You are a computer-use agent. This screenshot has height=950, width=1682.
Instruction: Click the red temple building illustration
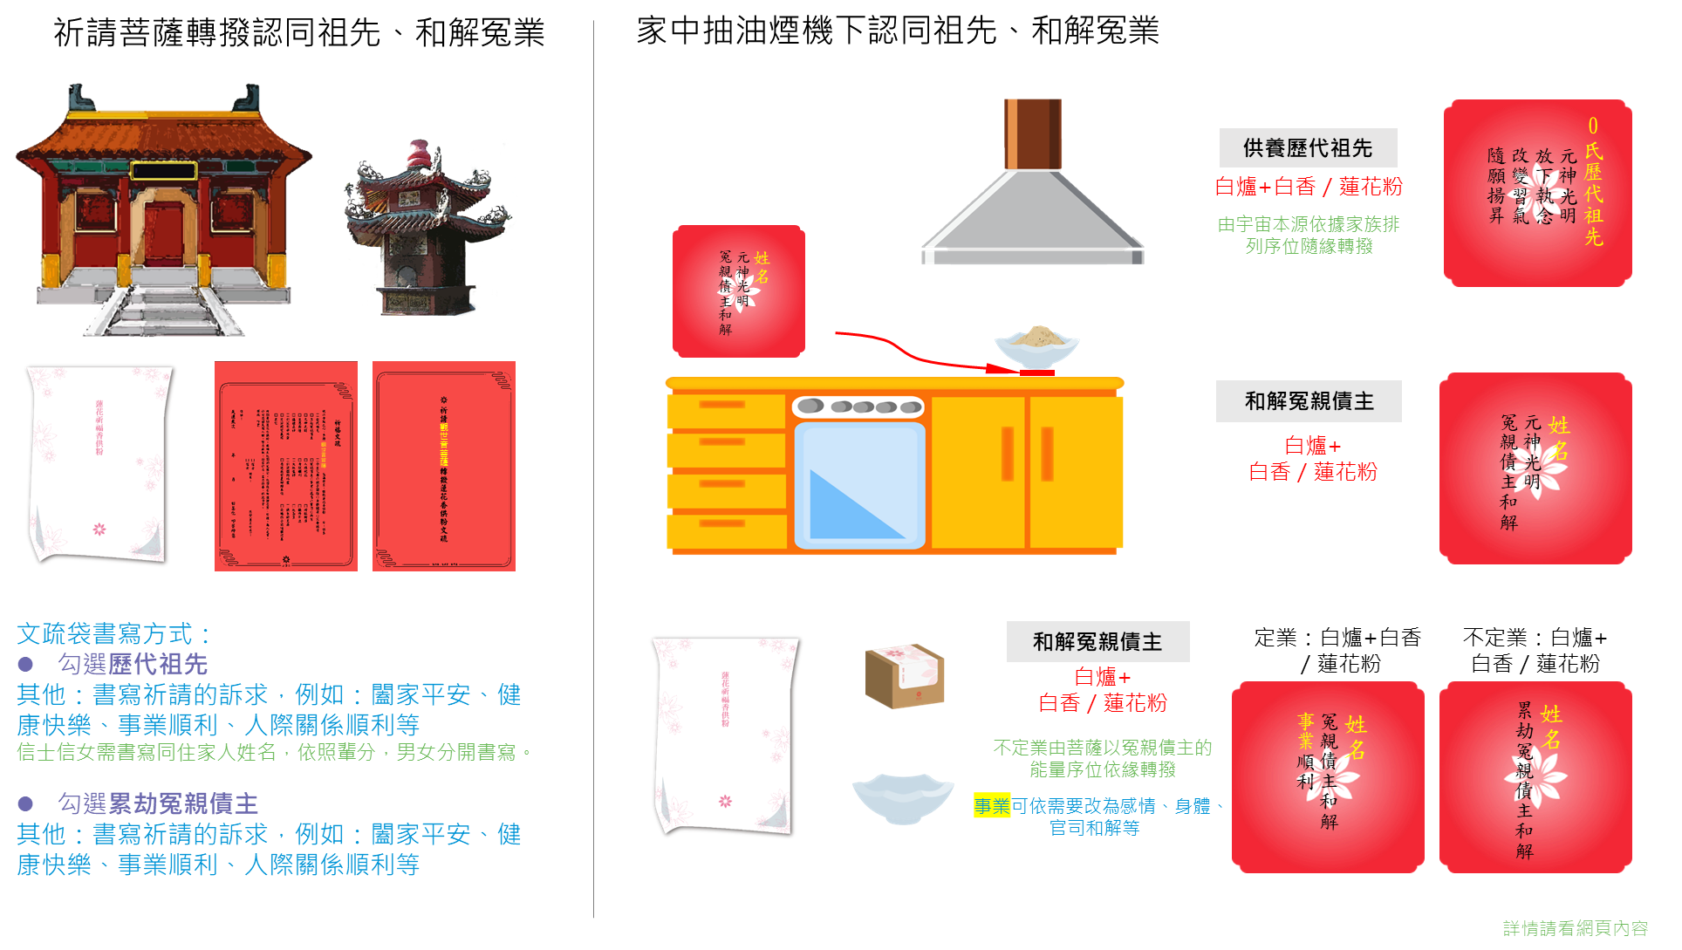pos(163,209)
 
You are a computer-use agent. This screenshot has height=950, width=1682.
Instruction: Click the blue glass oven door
pos(859,485)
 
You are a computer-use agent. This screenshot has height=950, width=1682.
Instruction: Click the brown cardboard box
pos(905,676)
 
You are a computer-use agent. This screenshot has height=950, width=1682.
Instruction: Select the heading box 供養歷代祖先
pos(1308,148)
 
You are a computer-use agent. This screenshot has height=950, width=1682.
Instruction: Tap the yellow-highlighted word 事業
pos(992,806)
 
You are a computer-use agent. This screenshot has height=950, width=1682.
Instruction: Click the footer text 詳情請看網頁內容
pos(1575,928)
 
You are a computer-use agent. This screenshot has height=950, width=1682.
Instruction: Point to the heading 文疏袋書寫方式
pos(113,634)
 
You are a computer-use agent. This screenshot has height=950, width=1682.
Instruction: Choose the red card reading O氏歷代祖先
pos(1537,193)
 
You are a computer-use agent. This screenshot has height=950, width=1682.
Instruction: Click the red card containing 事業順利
pos(1327,776)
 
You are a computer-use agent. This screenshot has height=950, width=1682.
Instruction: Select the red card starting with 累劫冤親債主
pos(1535,776)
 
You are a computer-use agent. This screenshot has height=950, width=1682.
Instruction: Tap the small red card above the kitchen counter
pos(738,291)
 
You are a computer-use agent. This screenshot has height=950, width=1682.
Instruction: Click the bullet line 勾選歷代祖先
pos(132,665)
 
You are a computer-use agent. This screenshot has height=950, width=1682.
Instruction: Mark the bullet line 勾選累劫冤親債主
pos(157,803)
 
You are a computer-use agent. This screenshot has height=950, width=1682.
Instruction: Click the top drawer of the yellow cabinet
pos(726,410)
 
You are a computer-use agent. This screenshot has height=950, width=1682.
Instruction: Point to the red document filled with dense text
pos(285,466)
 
